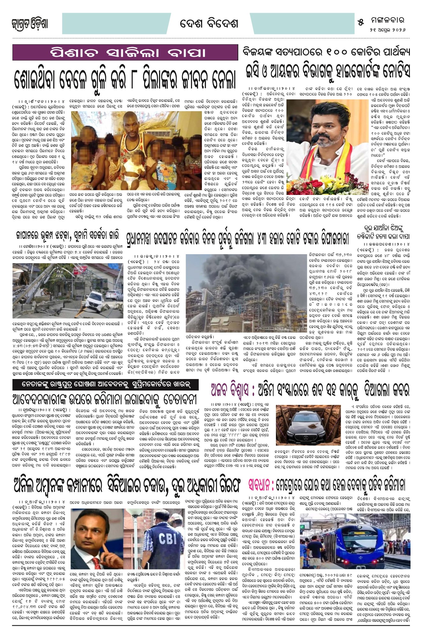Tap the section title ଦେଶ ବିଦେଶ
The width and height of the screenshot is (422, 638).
point(209,24)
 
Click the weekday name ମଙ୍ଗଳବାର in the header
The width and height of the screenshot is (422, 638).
point(388,21)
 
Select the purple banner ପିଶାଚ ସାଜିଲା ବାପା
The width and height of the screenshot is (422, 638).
point(125,53)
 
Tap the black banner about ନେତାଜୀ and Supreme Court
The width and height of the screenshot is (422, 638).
point(106,384)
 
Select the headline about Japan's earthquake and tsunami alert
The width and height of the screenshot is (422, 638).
point(67,235)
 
